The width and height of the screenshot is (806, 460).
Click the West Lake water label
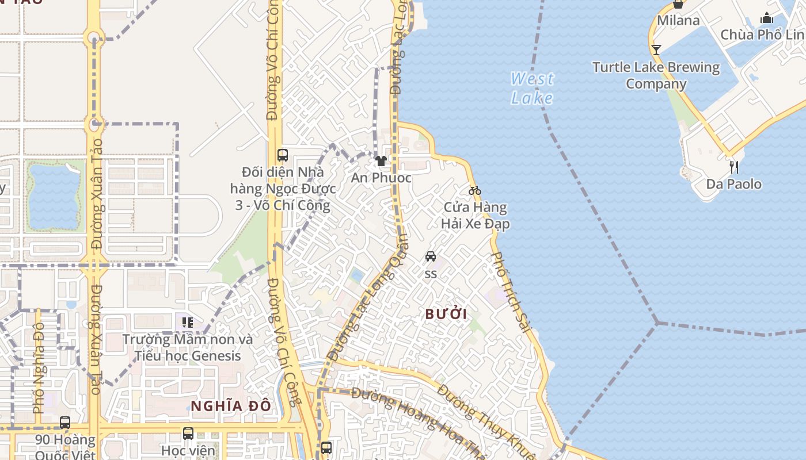532,88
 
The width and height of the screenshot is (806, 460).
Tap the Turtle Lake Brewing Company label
656,75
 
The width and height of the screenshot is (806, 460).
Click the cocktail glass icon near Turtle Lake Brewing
656,49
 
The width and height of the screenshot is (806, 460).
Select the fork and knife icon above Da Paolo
733,167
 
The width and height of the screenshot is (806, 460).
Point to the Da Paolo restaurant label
733,184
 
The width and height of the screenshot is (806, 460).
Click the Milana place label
678,21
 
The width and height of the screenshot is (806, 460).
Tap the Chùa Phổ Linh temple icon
766,18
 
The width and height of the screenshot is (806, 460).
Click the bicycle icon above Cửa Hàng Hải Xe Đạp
474,190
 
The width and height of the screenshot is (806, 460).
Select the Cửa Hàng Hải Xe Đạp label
476,215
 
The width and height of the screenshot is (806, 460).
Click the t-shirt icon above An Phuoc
381,161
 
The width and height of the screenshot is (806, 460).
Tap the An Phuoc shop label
381,178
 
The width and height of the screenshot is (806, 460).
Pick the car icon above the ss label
430,256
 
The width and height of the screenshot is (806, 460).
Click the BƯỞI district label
446,314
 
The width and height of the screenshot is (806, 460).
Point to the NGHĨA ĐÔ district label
230,406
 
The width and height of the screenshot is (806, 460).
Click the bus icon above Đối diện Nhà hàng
282,155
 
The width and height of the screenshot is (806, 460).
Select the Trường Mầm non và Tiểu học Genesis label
188,347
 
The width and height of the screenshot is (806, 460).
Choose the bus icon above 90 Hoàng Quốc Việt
65,423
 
